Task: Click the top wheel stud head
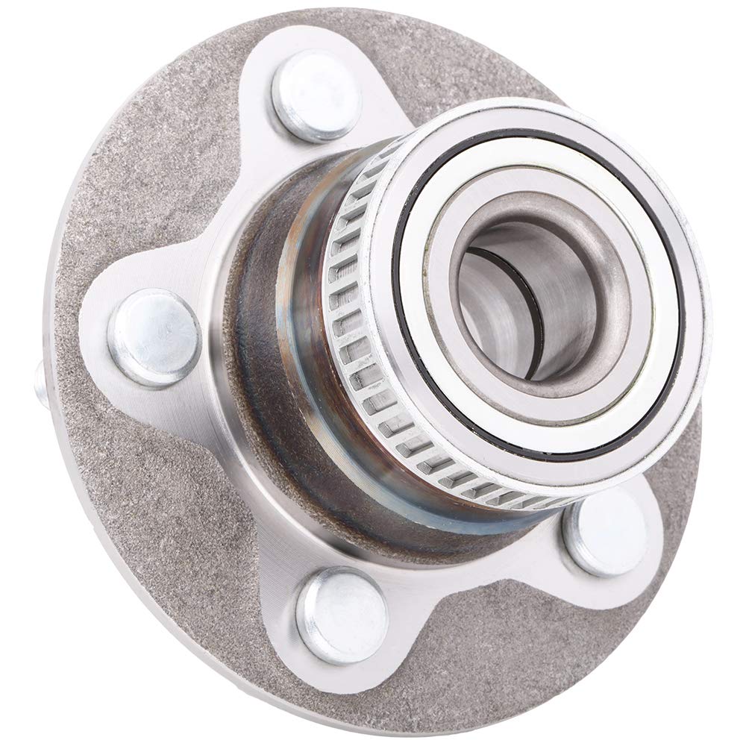point(316,95)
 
